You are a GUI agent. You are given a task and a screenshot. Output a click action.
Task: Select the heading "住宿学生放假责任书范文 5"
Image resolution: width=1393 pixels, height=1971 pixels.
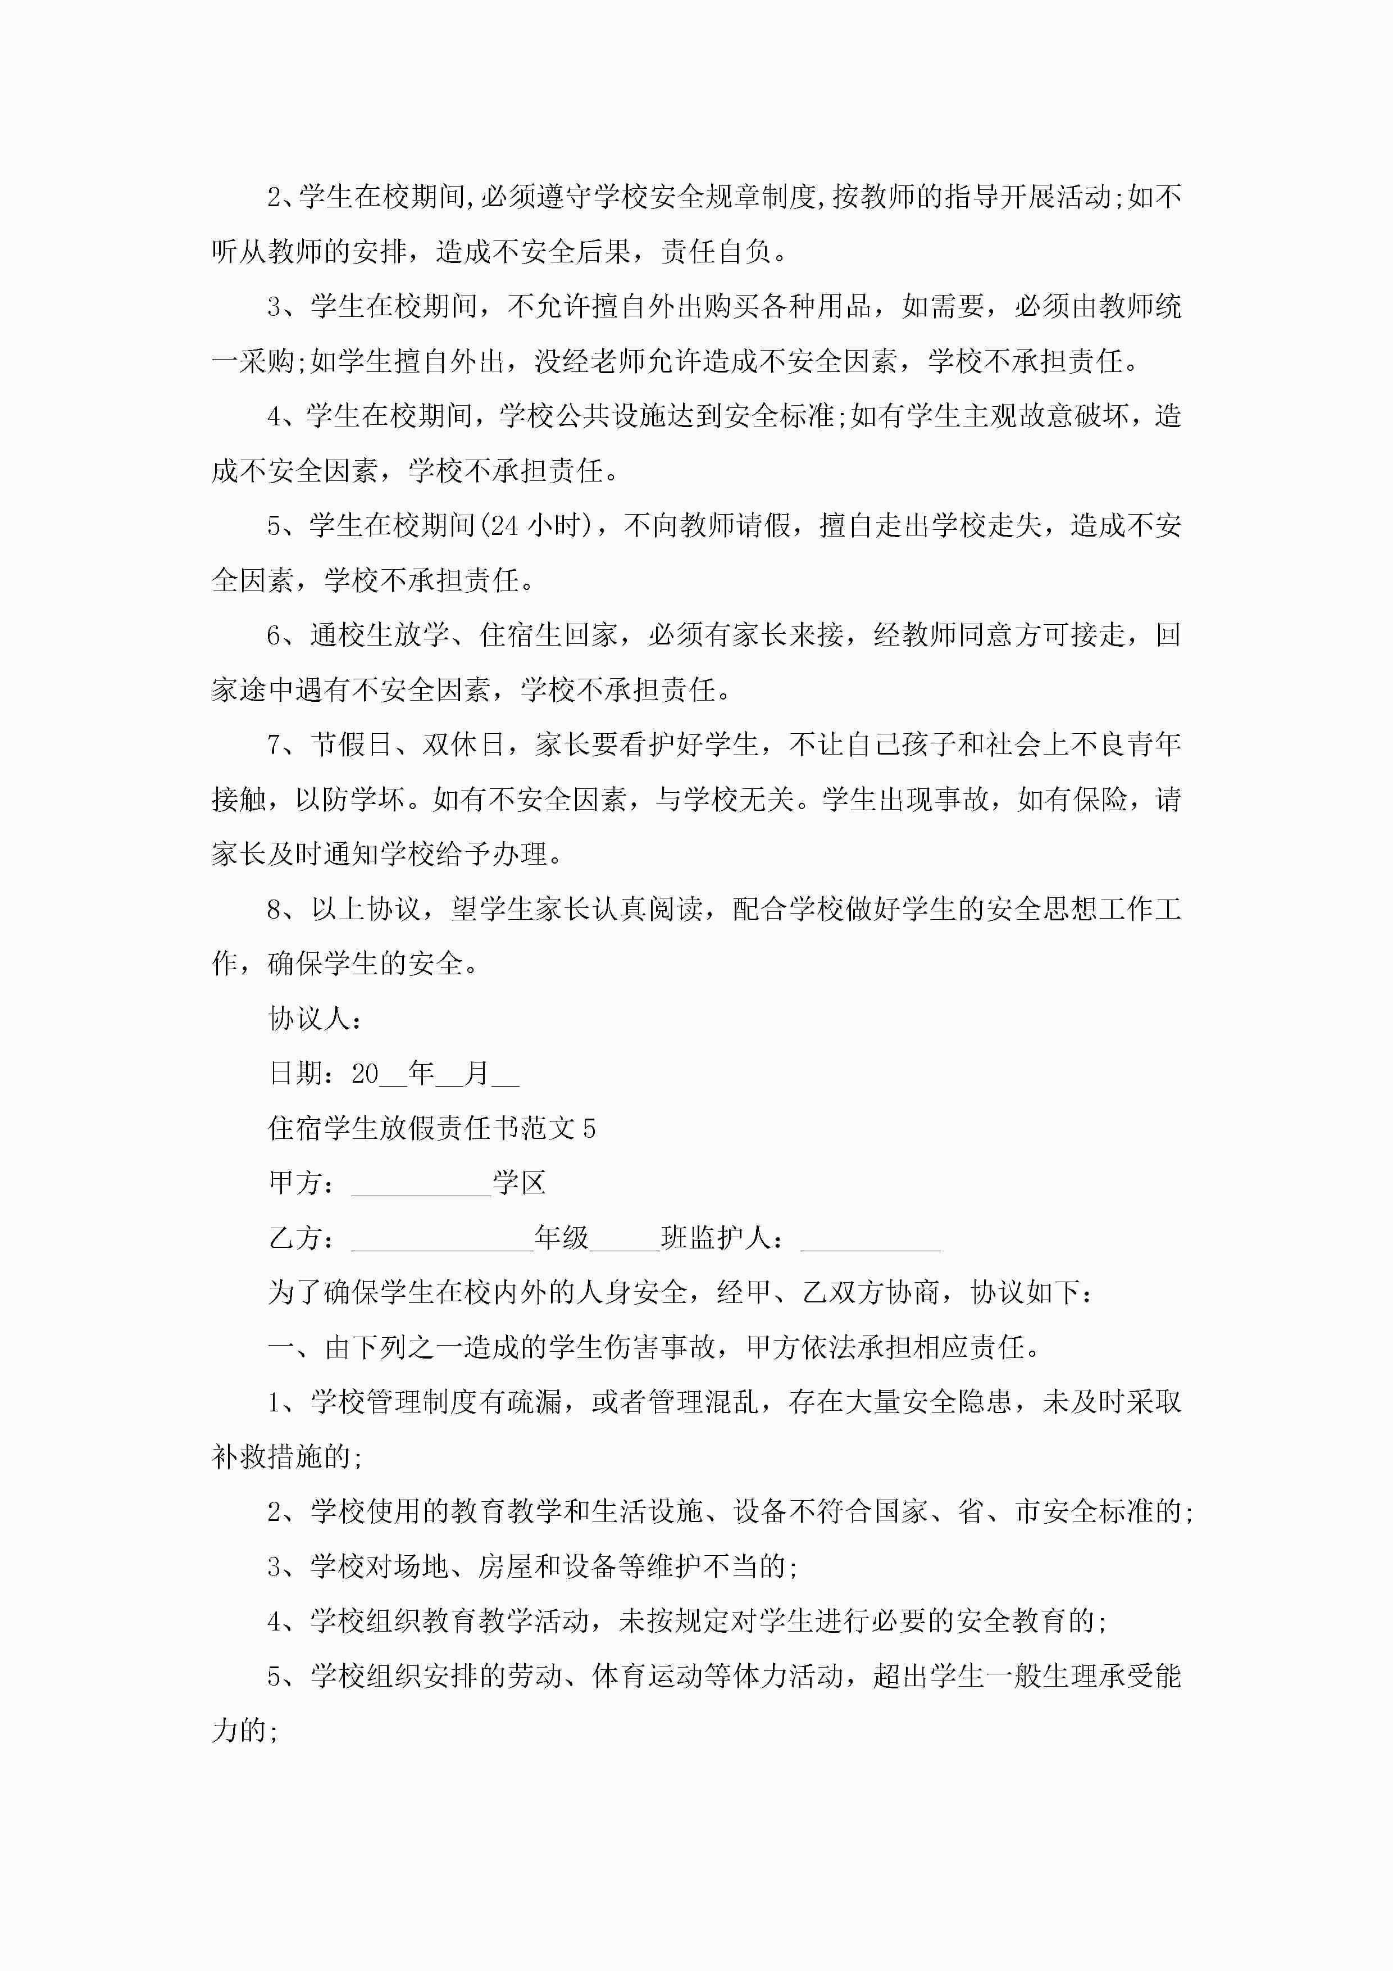tap(432, 1128)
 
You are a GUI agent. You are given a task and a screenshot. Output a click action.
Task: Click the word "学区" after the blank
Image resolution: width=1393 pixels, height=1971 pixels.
tap(518, 1183)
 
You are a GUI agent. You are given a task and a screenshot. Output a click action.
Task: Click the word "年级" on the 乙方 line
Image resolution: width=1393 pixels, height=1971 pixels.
tap(561, 1238)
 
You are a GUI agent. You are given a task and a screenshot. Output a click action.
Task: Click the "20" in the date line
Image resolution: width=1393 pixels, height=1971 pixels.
tap(365, 1073)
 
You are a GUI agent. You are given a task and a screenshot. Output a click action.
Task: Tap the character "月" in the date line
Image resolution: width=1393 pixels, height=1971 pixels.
tap(476, 1073)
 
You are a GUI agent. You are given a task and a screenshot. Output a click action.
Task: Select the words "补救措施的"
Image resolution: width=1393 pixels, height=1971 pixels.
tap(281, 1457)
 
